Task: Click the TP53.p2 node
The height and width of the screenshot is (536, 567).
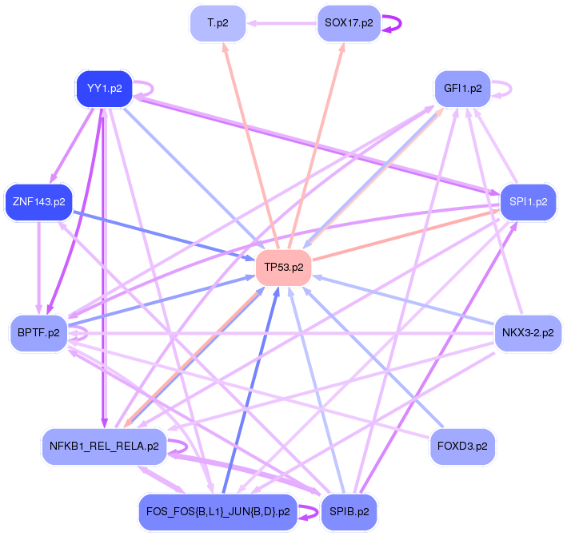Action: (283, 267)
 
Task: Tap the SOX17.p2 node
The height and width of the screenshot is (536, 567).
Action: (349, 23)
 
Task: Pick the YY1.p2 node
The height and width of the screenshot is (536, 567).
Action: (104, 89)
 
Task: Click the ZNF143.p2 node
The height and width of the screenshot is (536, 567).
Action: (38, 201)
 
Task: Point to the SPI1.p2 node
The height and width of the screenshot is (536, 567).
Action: (527, 201)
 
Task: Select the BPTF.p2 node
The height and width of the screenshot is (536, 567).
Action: (38, 332)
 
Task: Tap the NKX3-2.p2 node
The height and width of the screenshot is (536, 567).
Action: (527, 332)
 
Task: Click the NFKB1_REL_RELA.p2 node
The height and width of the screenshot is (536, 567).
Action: (104, 445)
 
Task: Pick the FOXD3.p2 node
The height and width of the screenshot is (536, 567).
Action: (461, 445)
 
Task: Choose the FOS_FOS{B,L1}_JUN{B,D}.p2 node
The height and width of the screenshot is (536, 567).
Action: (218, 510)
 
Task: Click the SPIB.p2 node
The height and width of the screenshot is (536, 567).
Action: (349, 510)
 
